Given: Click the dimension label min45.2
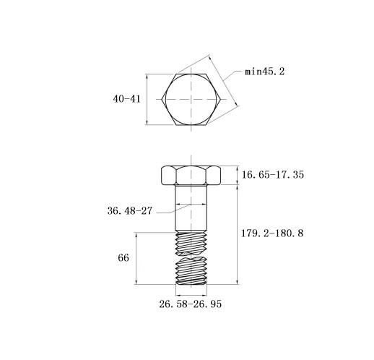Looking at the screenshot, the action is pos(264,72).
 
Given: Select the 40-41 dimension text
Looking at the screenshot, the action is pos(126,99).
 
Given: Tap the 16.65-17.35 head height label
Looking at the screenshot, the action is pos(273,174).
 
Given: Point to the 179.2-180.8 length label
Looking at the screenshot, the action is pos(272,233).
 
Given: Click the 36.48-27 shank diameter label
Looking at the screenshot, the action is pos(130,211).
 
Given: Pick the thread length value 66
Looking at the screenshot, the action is pos(123,258).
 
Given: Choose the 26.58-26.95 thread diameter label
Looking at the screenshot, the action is pos(190,304).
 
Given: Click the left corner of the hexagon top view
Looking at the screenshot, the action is pos(162,99).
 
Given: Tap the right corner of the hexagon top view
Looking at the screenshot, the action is pos(221,99).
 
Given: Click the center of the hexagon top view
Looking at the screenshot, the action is pos(191,99).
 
